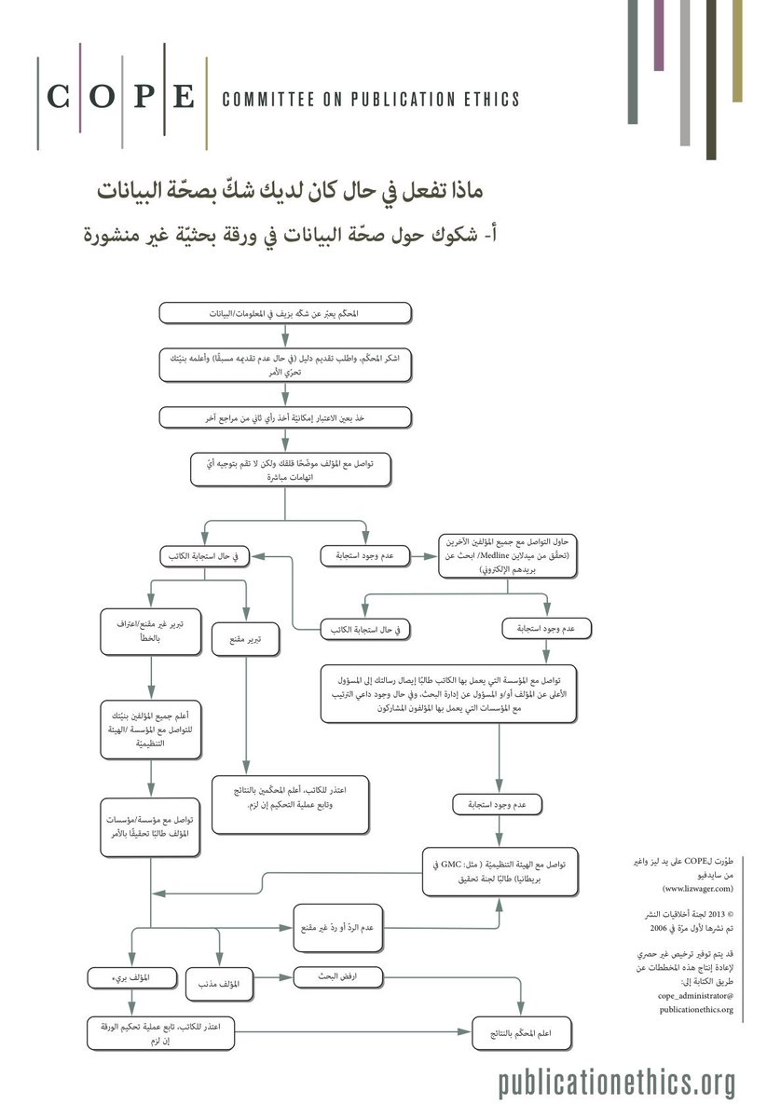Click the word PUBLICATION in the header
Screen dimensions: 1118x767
[384, 100]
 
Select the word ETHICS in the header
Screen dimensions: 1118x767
[486, 100]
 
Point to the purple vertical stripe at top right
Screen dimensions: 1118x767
[659, 34]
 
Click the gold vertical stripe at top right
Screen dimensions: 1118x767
[737, 50]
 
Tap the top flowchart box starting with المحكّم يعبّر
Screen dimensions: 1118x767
[285, 313]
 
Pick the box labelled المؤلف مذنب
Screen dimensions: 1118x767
[220, 984]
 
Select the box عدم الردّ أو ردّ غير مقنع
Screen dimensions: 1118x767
[337, 927]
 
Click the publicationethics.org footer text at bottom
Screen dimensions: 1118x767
[616, 1083]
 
